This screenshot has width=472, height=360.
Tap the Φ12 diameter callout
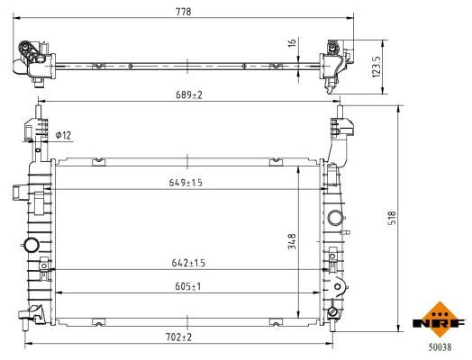tap(63, 135)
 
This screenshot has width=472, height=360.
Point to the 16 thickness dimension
tap(291, 41)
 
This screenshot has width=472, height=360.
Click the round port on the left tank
tap(32, 246)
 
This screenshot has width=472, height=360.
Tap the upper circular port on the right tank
tap(336, 217)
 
